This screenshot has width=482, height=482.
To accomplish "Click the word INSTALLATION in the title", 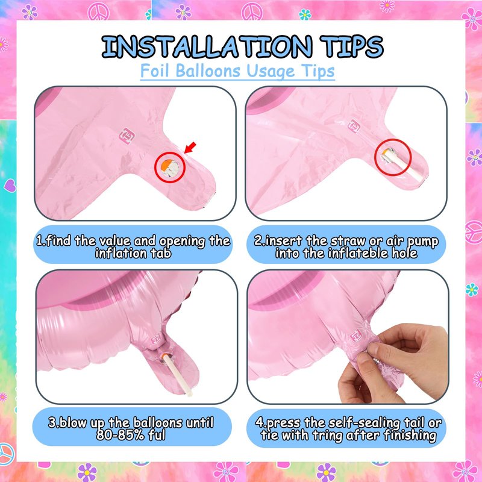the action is click(207, 47).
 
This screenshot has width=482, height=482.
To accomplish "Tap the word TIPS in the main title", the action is click(351, 47).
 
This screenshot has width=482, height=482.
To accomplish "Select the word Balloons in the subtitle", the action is click(208, 70).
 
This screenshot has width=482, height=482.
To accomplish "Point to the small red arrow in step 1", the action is click(190, 147).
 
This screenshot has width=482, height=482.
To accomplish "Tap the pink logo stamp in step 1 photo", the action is click(126, 136).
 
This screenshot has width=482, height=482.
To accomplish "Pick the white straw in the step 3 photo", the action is click(178, 374).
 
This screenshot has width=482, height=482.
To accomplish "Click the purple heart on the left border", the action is click(10, 186).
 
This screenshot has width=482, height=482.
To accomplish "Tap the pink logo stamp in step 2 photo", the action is click(354, 126).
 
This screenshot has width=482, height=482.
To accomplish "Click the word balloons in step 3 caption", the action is click(158, 423).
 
